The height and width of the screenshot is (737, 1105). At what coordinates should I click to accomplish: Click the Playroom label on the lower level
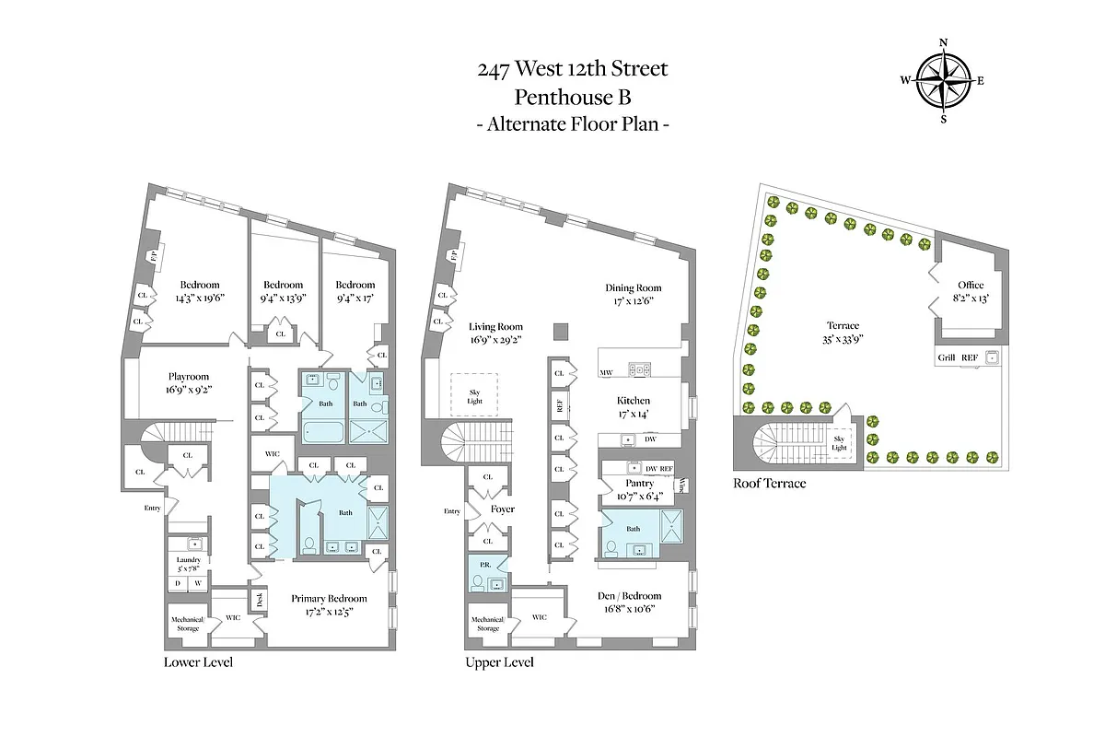tap(189, 377)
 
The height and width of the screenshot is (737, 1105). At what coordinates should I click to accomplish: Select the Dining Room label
tap(633, 287)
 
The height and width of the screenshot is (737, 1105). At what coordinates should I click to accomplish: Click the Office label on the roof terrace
tap(971, 286)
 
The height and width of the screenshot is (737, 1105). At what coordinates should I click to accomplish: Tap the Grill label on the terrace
tap(945, 357)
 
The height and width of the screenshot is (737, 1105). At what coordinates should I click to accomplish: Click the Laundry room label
tap(189, 560)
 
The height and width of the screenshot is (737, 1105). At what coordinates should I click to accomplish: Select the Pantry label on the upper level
tap(639, 484)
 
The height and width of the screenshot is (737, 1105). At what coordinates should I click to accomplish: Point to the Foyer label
tap(502, 509)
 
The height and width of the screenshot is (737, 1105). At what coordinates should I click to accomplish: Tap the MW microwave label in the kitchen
tap(606, 372)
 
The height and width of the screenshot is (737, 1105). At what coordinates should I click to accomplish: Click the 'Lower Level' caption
tap(198, 661)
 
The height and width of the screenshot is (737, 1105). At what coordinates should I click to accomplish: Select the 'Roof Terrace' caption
tap(769, 483)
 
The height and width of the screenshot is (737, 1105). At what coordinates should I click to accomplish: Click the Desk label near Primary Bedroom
tap(261, 600)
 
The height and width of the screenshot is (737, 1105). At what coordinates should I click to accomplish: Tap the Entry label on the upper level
tap(451, 511)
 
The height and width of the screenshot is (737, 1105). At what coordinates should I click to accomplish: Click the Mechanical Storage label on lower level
tap(187, 624)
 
